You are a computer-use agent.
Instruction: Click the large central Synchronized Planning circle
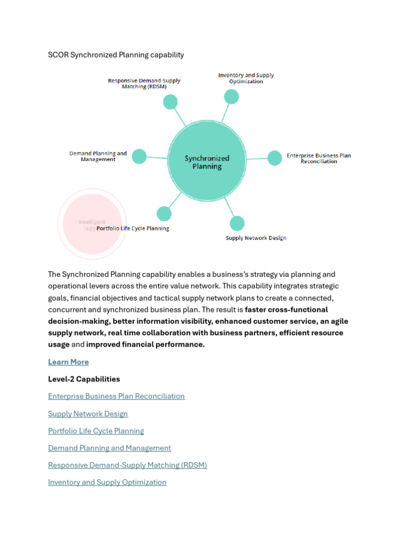[207, 162]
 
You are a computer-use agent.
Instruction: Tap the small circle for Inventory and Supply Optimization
[231, 97]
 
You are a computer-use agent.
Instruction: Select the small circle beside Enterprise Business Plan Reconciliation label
[274, 158]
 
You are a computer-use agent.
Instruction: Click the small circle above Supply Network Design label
[237, 223]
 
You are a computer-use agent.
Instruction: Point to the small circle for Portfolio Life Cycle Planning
[164, 214]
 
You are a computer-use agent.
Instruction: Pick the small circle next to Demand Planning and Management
[139, 156]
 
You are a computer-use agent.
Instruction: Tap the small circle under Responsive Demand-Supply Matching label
[170, 102]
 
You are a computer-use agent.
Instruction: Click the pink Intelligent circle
[92, 224]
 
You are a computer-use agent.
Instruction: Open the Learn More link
[68, 362]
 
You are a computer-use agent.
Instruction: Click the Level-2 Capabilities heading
[84, 379]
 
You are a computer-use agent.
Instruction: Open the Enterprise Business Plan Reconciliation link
[116, 396]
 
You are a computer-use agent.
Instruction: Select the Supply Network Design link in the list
[88, 414]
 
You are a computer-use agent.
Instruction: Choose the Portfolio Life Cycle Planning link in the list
[96, 431]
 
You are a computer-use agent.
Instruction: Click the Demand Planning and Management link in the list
[109, 448]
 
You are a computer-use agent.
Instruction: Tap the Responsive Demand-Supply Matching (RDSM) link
[127, 465]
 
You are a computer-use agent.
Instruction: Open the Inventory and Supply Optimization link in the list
[107, 482]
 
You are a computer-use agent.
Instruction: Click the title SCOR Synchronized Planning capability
[116, 55]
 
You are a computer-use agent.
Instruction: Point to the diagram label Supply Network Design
[256, 238]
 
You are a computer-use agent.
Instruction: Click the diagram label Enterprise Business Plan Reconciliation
[318, 158]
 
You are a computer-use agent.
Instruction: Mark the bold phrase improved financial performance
[145, 344]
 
